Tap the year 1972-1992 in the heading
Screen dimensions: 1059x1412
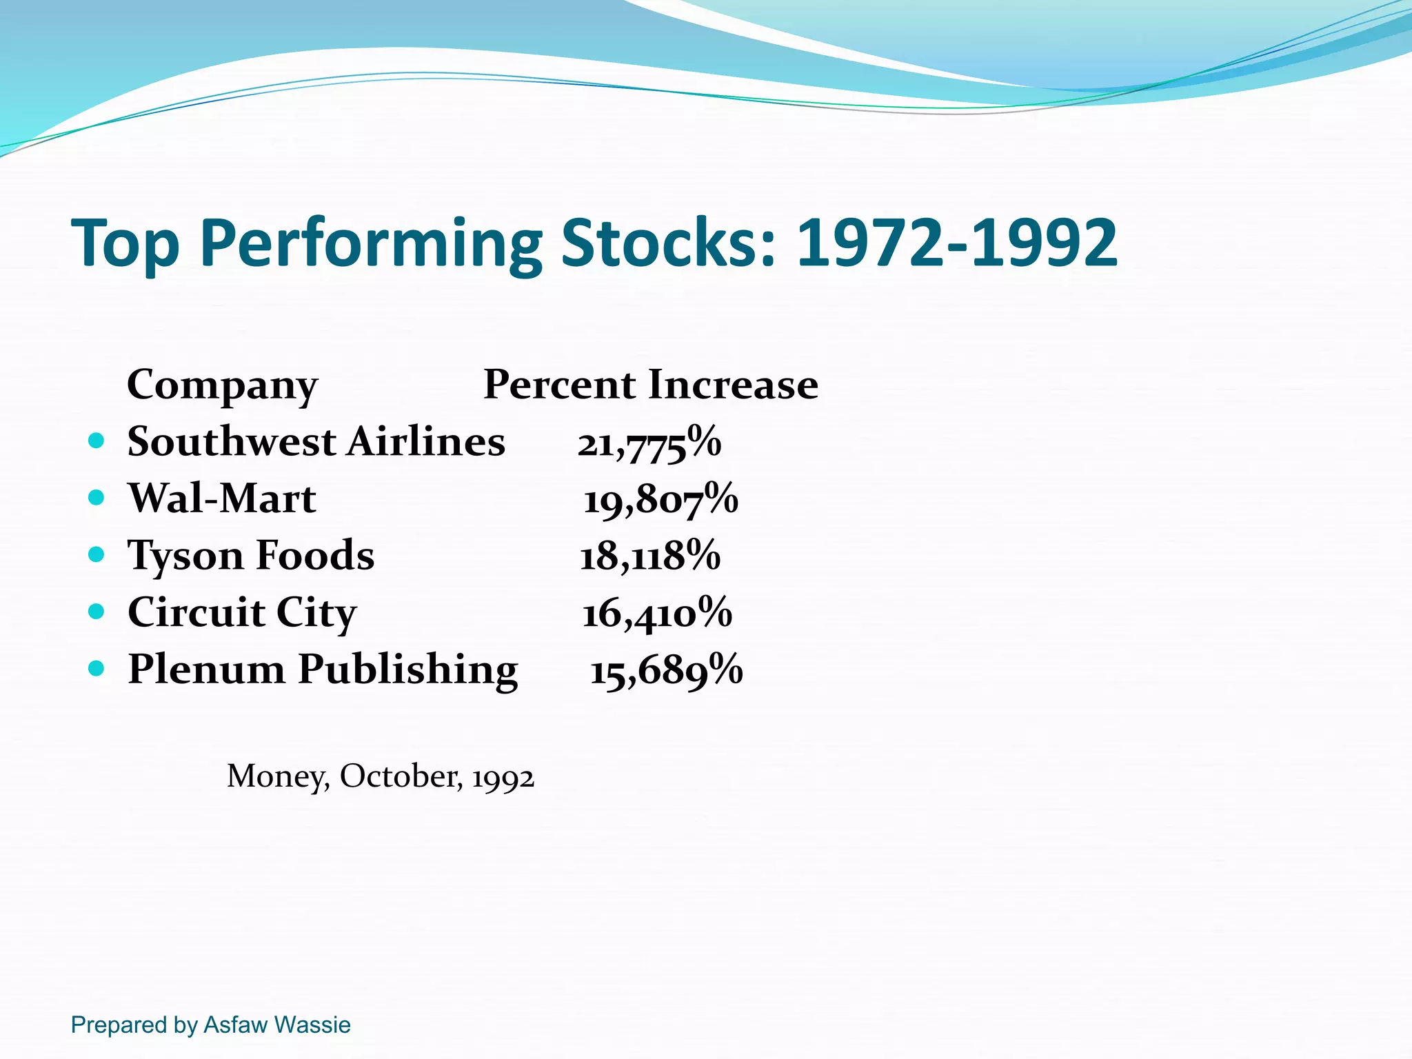coord(956,243)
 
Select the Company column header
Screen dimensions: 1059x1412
coord(222,385)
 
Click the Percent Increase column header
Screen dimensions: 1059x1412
coord(650,384)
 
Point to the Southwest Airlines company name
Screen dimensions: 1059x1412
coord(316,441)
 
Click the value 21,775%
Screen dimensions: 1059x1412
coord(649,443)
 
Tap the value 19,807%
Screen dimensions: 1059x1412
coord(660,499)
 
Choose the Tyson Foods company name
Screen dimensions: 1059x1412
coord(251,555)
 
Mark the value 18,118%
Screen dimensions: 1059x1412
coord(649,556)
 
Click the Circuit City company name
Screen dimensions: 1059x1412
coord(242,612)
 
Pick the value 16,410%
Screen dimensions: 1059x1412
coord(657,613)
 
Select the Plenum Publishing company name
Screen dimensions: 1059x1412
coord(323,669)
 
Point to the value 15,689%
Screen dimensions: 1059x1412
coord(666,670)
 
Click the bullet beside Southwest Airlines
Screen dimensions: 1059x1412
coord(97,441)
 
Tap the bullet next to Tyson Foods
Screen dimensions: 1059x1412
coord(97,554)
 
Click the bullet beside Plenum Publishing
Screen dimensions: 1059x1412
coord(97,668)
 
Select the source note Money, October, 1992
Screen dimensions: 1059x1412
coord(381,777)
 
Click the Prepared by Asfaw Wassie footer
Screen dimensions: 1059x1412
coord(210,1025)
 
